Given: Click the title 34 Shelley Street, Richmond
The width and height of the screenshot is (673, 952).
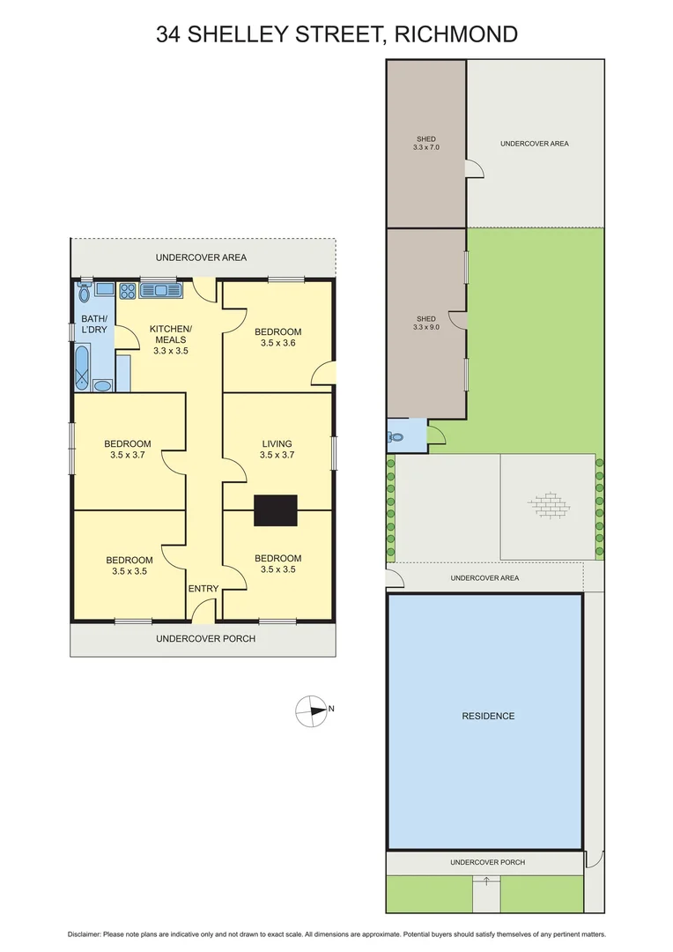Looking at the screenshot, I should pos(336,34).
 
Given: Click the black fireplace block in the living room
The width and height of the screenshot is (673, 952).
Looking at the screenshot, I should pos(276,511).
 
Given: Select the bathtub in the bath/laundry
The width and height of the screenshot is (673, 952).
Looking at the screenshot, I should pos(81,368).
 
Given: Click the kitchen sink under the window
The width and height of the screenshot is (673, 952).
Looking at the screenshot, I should pos(159,289).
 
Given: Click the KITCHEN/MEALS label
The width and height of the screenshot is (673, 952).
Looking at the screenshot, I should pos(171,339).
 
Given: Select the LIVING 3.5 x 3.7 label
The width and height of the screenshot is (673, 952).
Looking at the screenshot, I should pos(276,450).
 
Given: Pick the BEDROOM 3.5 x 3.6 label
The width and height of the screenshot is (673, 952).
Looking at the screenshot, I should pos(278,338).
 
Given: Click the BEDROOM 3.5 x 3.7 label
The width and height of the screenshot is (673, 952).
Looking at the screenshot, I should pos(128,450).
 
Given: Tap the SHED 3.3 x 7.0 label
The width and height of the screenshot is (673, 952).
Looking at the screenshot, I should pos(425,144).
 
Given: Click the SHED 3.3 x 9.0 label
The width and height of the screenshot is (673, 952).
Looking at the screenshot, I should pos(425,323).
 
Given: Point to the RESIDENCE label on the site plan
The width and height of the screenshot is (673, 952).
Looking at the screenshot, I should pos(488,716).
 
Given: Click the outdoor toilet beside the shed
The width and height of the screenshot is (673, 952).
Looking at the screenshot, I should pos(396,435).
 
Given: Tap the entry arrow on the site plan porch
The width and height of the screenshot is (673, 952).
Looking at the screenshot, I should pos(485,880).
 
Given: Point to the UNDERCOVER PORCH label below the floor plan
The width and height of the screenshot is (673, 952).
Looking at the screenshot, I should pos(205,638).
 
